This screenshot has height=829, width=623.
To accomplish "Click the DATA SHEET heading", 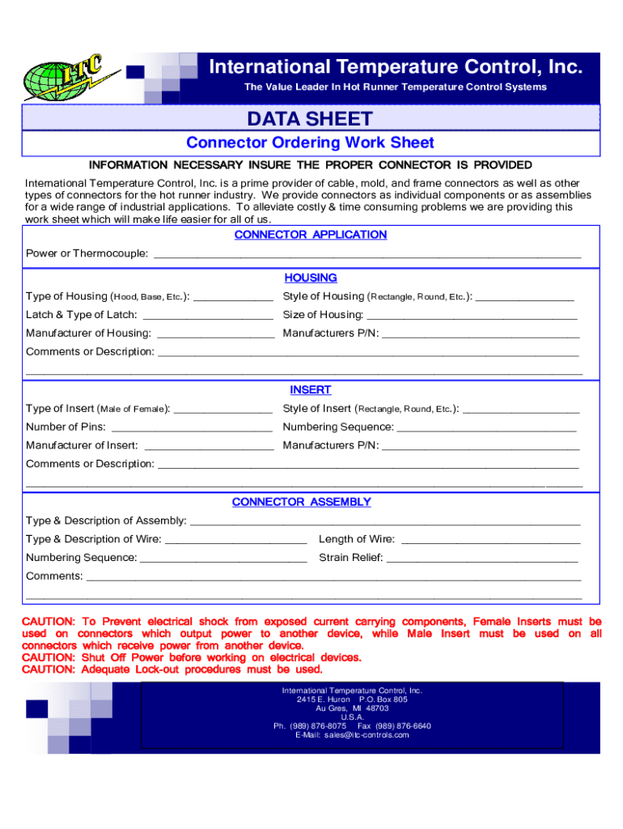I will point(311,120).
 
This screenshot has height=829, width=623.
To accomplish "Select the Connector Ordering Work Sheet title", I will point(311,143).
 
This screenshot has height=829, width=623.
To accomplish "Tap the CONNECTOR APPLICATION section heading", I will point(311,235).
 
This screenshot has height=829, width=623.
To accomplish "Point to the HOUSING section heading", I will point(311,278).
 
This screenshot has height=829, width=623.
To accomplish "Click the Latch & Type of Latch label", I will point(82,315).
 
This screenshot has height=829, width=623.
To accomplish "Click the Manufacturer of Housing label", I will point(88,334).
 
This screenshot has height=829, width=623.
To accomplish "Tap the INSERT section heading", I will point(311,390).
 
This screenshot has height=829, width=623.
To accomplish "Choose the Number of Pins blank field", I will point(191,427).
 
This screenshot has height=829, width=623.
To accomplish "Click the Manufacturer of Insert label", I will point(82,446).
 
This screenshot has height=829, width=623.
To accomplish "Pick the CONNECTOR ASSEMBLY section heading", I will point(302,502).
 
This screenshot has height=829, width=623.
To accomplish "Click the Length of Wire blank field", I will point(490,540).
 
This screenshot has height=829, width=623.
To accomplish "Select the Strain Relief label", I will point(351,558).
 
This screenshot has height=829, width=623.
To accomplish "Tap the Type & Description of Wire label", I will point(94,540).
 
